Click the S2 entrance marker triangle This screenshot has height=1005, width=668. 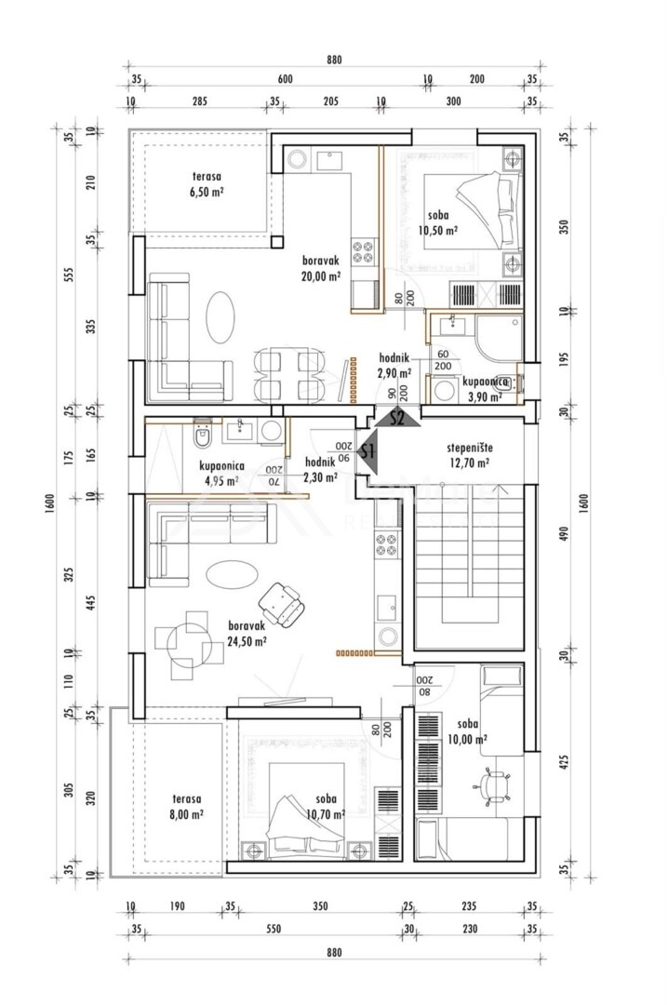point(397,419)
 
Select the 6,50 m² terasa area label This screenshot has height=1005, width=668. point(207,184)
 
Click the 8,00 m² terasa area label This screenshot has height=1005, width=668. point(187,806)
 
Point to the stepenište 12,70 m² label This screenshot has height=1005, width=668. point(469,455)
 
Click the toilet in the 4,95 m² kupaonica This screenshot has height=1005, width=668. point(202,435)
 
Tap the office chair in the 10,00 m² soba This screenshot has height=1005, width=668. point(492,784)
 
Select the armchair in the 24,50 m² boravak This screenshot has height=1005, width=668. point(282,604)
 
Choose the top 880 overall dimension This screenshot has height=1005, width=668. point(334,60)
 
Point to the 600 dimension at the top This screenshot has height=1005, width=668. point(286,79)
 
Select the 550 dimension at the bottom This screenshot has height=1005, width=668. point(274,929)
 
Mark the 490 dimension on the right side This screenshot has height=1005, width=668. point(564,534)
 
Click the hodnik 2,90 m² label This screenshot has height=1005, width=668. point(394,366)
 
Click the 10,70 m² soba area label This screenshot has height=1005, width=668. point(327,807)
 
